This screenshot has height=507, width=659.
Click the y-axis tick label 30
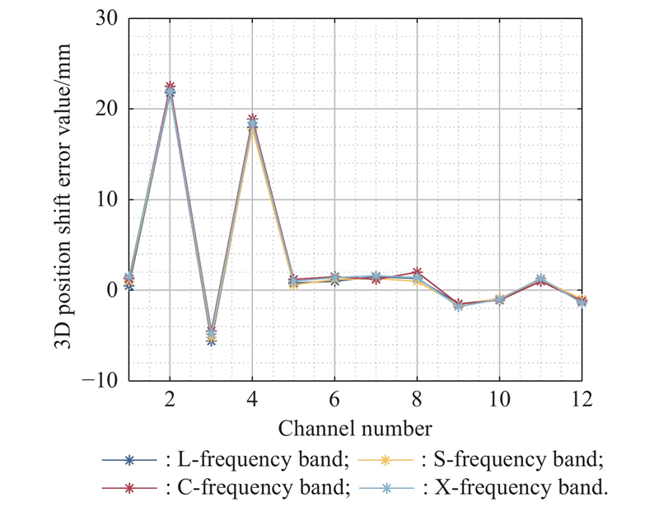point(105,18)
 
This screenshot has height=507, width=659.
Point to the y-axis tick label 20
point(105,109)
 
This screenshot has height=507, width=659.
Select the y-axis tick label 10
point(105,200)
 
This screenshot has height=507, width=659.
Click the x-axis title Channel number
point(355,429)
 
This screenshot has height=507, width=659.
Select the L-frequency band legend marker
point(129,459)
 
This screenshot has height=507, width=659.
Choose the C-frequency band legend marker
point(129,487)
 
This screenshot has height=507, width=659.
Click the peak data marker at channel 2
point(171,90)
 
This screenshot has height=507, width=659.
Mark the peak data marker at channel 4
point(253,122)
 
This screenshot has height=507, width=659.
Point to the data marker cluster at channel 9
point(458,305)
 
